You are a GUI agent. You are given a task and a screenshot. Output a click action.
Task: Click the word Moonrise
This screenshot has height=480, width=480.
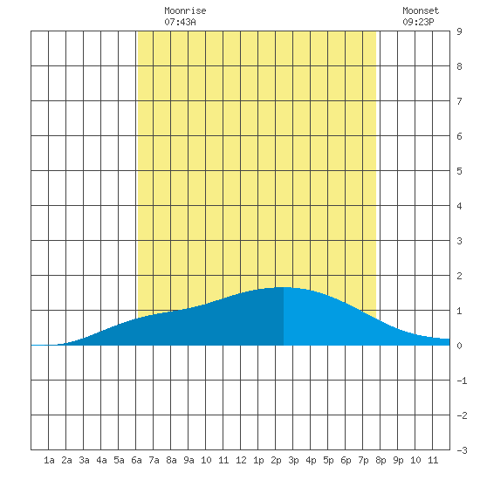[x=185, y=10]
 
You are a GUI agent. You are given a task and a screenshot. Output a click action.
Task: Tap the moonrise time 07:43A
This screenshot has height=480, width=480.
[x=180, y=22]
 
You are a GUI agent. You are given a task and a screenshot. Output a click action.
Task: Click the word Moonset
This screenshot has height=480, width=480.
[x=421, y=10]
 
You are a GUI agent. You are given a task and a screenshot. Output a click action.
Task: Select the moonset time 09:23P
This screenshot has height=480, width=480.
[x=418, y=22]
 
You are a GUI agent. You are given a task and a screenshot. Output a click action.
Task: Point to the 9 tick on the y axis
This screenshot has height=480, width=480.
[x=459, y=31]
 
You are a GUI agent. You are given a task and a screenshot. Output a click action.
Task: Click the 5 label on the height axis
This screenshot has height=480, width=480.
[x=459, y=171]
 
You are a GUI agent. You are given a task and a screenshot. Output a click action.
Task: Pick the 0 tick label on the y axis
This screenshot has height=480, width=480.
[x=459, y=346]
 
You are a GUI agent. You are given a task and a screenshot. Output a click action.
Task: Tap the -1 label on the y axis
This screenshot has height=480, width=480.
[x=462, y=381]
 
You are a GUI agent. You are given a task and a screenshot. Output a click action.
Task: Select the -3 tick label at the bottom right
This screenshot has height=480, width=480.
[x=462, y=450]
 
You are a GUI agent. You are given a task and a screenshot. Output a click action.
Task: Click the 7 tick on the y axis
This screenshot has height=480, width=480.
[x=459, y=101]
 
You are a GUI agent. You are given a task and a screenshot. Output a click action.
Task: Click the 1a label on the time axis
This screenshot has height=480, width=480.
[x=49, y=460]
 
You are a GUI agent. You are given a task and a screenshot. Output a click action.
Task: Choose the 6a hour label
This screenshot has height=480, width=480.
[x=136, y=460]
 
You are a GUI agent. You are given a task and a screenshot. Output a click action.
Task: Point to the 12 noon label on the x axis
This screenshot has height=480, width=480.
[x=241, y=460]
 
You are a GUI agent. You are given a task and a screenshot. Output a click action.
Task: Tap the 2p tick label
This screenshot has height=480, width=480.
[x=276, y=460]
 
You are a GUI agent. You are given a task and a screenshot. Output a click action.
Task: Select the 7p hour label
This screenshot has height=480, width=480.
[x=363, y=460]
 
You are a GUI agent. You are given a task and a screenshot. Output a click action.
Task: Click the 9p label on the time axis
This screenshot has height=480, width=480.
[x=398, y=460]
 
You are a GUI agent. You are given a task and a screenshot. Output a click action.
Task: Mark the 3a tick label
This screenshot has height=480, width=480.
[x=84, y=460]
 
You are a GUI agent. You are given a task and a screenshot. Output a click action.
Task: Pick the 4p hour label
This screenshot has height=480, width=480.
[x=311, y=460]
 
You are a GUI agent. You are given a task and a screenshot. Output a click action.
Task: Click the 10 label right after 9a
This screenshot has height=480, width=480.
[x=206, y=460]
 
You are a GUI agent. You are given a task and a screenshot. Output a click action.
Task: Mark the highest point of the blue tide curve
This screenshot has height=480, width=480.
[x=283, y=287]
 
